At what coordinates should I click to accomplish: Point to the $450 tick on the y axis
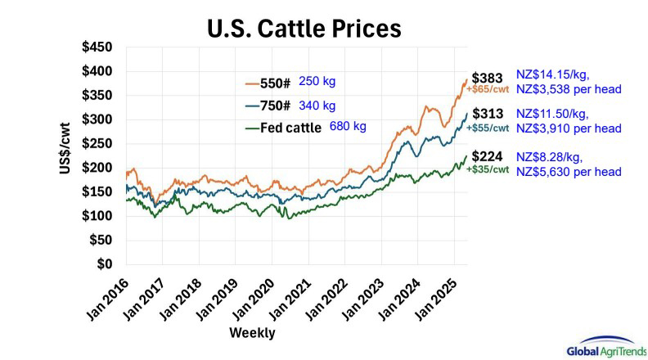point(97,48)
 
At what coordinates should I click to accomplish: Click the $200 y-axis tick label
point(97,168)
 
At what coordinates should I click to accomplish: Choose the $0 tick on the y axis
point(105,264)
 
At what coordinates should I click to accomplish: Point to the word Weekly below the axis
point(252,333)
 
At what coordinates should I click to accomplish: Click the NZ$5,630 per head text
point(568,171)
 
